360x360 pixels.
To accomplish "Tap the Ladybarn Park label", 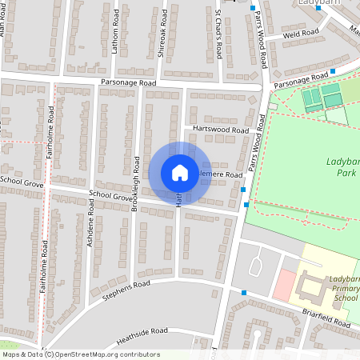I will coord(344,167).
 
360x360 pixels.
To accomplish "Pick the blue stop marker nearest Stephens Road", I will coord(243,294).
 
